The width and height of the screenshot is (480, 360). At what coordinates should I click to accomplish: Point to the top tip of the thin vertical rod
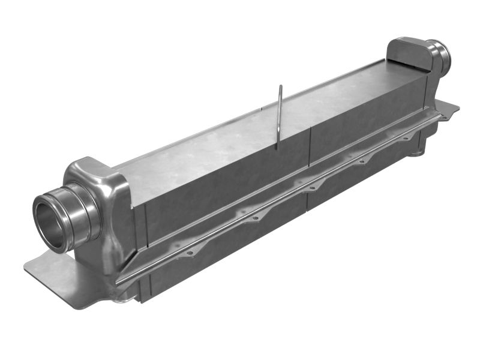[280, 87]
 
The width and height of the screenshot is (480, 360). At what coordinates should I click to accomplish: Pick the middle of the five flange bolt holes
[311, 188]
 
